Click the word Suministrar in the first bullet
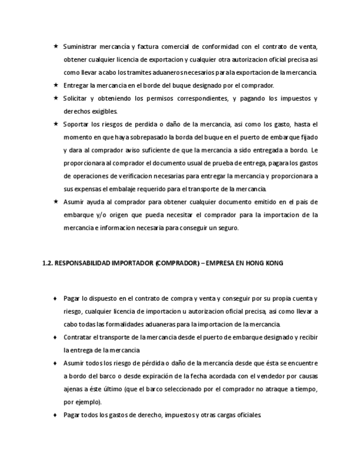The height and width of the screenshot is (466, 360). coord(80,46)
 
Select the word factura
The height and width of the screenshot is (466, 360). coord(149,46)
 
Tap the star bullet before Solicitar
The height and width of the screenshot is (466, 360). coord(56,98)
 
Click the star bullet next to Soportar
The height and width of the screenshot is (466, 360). coord(56,124)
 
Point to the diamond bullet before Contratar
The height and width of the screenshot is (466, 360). coord(55,337)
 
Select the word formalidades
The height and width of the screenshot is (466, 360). coord(134,324)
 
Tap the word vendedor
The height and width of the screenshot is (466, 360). coord(263,376)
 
